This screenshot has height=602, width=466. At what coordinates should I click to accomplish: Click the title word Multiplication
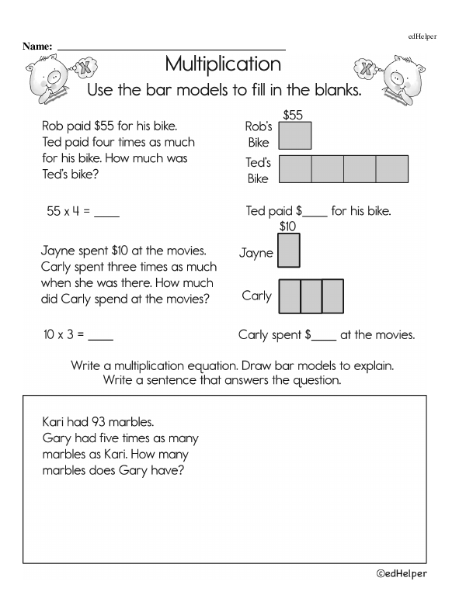pyautogui.click(x=223, y=64)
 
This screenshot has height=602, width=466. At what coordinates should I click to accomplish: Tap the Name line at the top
pyautogui.click(x=171, y=48)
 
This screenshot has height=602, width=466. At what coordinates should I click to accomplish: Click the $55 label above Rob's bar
pyautogui.click(x=293, y=115)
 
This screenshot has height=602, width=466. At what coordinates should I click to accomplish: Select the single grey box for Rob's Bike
pyautogui.click(x=294, y=135)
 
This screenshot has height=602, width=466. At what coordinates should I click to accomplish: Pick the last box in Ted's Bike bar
pyautogui.click(x=391, y=169)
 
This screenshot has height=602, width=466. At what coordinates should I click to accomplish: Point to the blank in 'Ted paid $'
pyautogui.click(x=315, y=212)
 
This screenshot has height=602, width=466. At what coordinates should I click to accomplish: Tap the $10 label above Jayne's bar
pyautogui.click(x=287, y=227)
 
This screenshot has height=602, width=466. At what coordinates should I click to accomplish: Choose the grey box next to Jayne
pyautogui.click(x=288, y=251)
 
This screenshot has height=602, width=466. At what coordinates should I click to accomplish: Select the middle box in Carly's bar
pyautogui.click(x=311, y=296)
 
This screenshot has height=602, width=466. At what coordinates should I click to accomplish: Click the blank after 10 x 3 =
pyautogui.click(x=101, y=337)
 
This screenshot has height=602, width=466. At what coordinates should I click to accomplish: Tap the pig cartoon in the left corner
pyautogui.click(x=53, y=78)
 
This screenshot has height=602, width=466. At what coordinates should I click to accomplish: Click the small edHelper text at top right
pyautogui.click(x=423, y=36)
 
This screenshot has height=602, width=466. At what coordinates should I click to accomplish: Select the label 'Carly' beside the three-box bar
pyautogui.click(x=256, y=296)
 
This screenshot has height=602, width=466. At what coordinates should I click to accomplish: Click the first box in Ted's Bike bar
pyautogui.click(x=294, y=169)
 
